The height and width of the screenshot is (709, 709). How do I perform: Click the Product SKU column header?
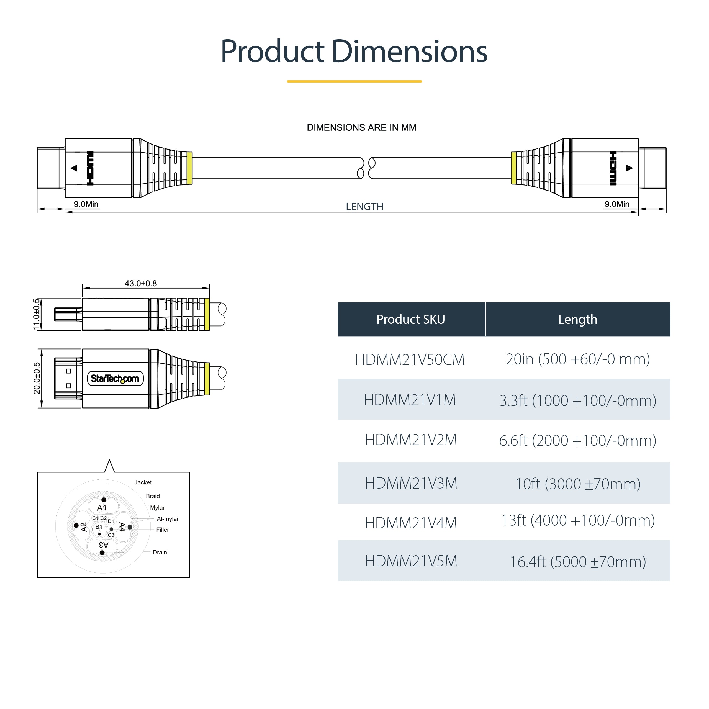(411, 319)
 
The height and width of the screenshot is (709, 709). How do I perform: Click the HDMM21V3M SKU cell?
(411, 483)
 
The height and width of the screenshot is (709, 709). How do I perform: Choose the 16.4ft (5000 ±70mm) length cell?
(578, 561)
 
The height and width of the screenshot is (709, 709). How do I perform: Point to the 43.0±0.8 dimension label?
(140, 283)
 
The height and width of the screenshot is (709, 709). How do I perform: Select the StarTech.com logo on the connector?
(115, 378)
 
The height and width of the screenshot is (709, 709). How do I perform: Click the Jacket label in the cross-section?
(143, 482)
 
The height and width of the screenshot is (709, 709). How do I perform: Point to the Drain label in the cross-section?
(160, 552)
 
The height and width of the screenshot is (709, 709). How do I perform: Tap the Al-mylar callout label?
(168, 518)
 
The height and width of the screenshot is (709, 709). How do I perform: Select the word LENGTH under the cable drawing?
(364, 207)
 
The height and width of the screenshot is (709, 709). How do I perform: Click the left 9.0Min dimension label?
(86, 204)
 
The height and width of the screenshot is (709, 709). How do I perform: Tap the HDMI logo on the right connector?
(613, 168)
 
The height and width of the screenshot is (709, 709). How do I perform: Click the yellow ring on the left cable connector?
(189, 168)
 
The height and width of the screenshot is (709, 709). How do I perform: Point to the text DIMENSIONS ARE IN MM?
(361, 127)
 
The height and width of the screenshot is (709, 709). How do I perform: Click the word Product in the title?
(272, 52)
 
